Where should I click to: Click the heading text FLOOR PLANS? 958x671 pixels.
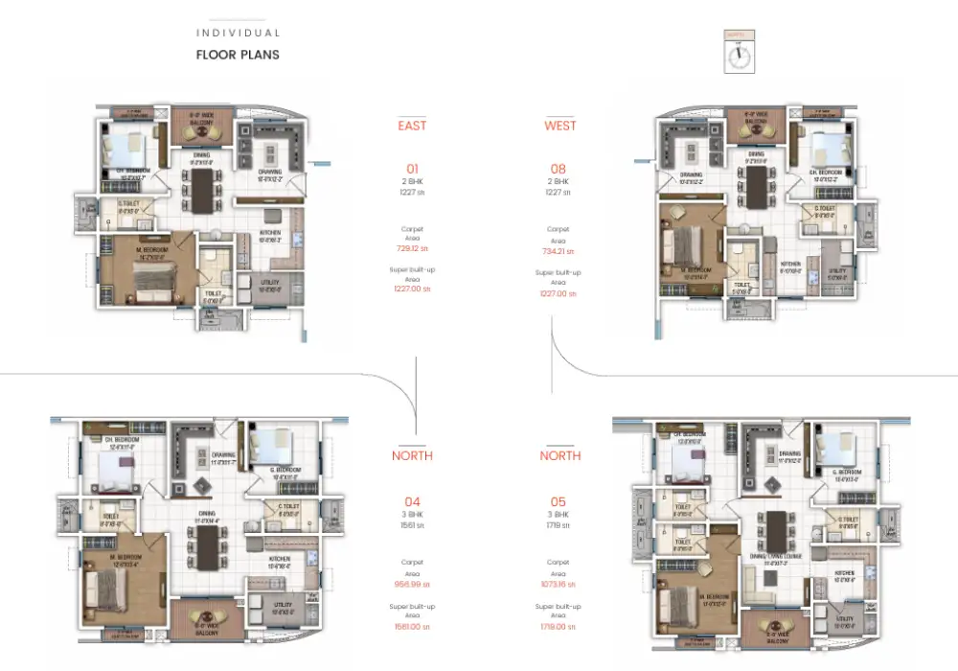[238, 55]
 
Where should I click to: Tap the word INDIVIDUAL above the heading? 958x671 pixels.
[238, 34]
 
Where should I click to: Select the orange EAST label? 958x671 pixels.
[412, 126]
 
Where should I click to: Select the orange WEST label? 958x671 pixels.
[560, 126]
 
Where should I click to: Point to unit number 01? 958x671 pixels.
[412, 169]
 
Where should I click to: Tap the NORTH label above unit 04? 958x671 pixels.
[412, 456]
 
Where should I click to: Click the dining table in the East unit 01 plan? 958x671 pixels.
[202, 189]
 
